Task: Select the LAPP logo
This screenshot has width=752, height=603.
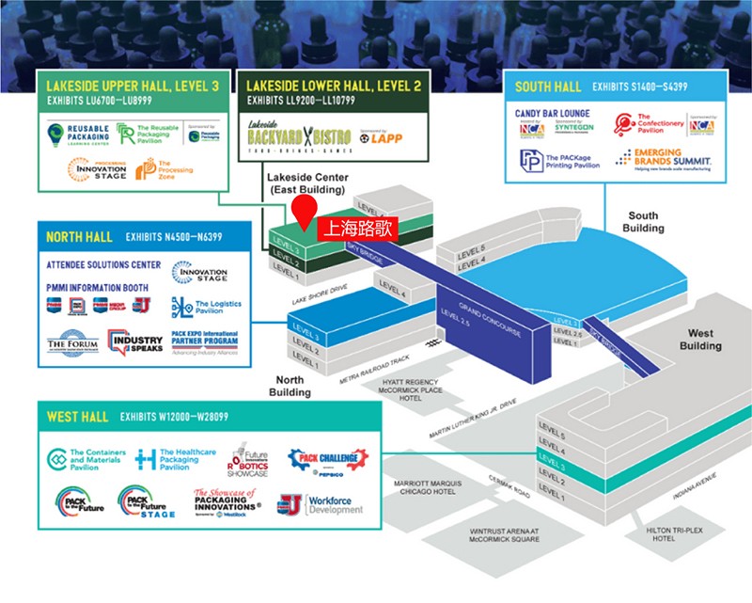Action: tap(384, 137)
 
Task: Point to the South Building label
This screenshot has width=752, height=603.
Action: tap(645, 222)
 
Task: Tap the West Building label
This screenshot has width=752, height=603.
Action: tap(700, 340)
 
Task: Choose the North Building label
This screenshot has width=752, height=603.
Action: tap(290, 386)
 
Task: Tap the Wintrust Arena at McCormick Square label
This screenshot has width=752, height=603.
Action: tap(504, 535)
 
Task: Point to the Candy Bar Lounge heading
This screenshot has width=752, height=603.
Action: tap(552, 113)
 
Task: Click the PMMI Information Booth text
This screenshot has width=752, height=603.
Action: tap(99, 287)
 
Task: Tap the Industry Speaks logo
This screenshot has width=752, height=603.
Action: tap(136, 342)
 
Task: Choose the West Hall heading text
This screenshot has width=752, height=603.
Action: tap(74, 416)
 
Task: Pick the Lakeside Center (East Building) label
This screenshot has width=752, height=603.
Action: tap(307, 182)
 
